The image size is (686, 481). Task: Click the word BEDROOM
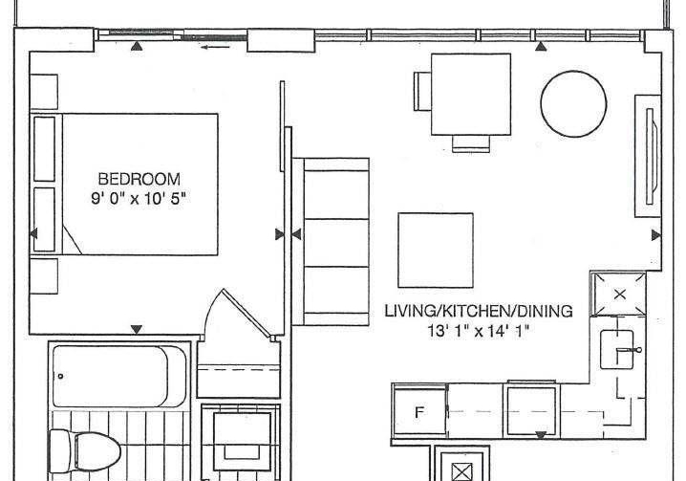pos(139,179)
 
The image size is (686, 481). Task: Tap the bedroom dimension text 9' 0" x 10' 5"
pos(139,199)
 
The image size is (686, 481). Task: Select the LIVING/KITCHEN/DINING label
pos(479,311)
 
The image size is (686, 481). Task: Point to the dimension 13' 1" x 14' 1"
pos(478,331)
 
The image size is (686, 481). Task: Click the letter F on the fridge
pos(419,412)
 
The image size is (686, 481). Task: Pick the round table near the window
pos(573,104)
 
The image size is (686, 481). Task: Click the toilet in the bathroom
pos(84,451)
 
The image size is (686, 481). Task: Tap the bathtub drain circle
pos(60,377)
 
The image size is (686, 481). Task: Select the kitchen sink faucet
pos(629,350)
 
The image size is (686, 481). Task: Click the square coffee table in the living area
pos(436,251)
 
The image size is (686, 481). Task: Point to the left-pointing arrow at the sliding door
pos(215,47)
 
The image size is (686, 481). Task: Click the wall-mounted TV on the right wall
pos(651,157)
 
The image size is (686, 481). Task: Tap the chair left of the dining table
pos(422,91)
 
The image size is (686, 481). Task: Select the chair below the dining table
pos(471,143)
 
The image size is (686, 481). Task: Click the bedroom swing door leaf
pos(247,313)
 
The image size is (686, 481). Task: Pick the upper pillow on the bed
pos(44,148)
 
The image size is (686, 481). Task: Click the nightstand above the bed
pos(44,92)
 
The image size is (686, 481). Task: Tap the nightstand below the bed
pos(44,276)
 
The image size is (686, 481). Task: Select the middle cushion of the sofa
pos(336,243)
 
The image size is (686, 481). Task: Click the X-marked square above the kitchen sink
pos(619,295)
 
